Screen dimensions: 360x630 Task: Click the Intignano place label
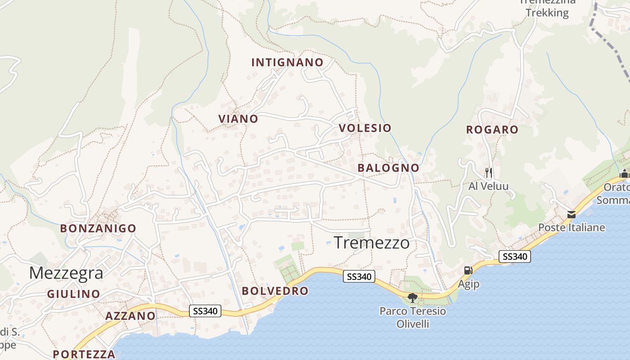[x=287, y=63]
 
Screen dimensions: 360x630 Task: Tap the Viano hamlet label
[x=238, y=119]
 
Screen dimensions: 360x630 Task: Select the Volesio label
[x=365, y=128]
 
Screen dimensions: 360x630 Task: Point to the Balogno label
[x=388, y=168]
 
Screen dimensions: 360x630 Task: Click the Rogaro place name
[x=492, y=130]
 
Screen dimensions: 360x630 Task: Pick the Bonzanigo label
[x=98, y=228]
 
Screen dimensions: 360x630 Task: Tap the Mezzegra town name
[x=66, y=273]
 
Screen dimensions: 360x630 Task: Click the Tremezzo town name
[x=372, y=243]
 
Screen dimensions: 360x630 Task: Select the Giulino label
[x=74, y=294]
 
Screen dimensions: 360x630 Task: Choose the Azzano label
[x=130, y=316]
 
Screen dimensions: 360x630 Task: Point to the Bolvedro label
[x=275, y=291]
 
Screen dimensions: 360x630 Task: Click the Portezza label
[x=84, y=354]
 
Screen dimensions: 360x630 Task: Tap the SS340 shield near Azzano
[x=205, y=311]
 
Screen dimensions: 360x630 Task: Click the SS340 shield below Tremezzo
[x=359, y=276]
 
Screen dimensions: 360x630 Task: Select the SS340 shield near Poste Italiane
[x=515, y=256]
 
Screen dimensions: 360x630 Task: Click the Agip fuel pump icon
[x=468, y=270]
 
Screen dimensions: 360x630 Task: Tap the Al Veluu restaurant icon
[x=488, y=172]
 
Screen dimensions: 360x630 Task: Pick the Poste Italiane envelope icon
[x=571, y=215]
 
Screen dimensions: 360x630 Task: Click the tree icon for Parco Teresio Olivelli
[x=412, y=297]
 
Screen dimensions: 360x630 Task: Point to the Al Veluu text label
[x=488, y=186]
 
